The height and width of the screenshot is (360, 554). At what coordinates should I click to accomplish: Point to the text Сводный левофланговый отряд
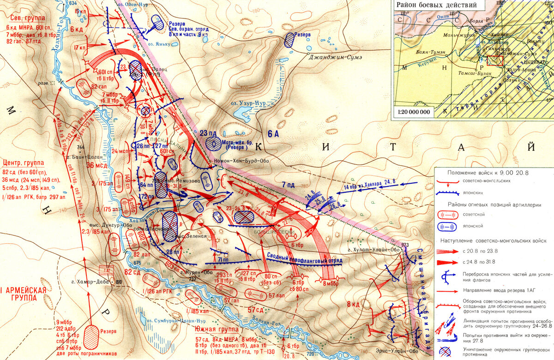305,258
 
